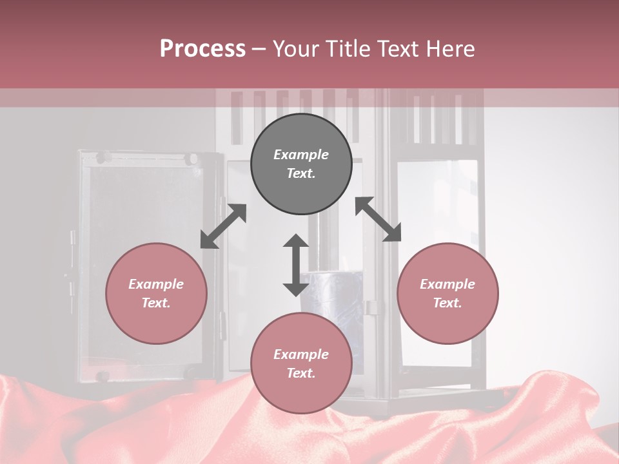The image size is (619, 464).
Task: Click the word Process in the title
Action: tap(202, 49)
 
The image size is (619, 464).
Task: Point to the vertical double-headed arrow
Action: tap(296, 265)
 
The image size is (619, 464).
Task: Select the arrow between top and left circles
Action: tap(223, 226)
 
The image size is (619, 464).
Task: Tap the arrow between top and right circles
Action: tap(378, 219)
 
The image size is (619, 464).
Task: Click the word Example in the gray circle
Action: tap(301, 155)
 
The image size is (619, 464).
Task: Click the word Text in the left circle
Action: tap(156, 303)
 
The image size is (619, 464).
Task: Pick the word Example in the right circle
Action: tap(447, 284)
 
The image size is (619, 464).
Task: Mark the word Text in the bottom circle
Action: tap(301, 373)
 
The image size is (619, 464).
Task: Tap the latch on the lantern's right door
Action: tap(371, 307)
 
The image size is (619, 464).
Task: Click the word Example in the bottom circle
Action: tap(301, 354)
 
